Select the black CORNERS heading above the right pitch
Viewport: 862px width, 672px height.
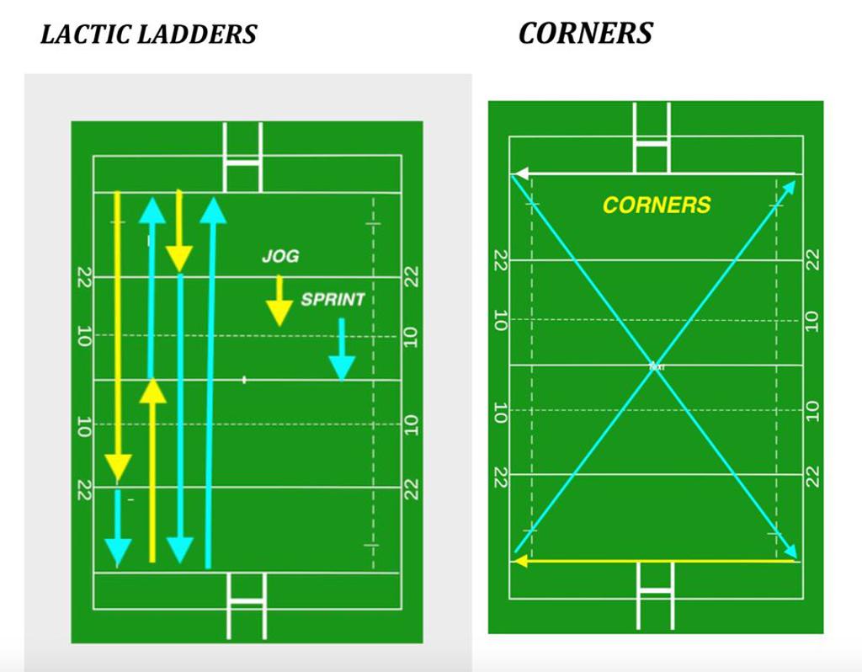coord(585,33)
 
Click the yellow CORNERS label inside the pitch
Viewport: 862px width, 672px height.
coord(657,205)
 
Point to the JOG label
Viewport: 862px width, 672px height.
coord(279,256)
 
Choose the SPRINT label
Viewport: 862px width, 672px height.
coord(333,300)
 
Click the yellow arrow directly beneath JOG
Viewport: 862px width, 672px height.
coord(279,301)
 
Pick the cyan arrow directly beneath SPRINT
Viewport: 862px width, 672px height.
coord(341,349)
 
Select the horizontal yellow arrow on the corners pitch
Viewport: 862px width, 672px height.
coord(656,561)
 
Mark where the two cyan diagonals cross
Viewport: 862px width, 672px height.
coord(655,366)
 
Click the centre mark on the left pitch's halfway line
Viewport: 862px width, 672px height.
coord(244,380)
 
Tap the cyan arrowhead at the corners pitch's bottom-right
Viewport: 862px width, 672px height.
coord(790,550)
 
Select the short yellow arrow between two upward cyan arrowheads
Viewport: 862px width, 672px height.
coord(178,232)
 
